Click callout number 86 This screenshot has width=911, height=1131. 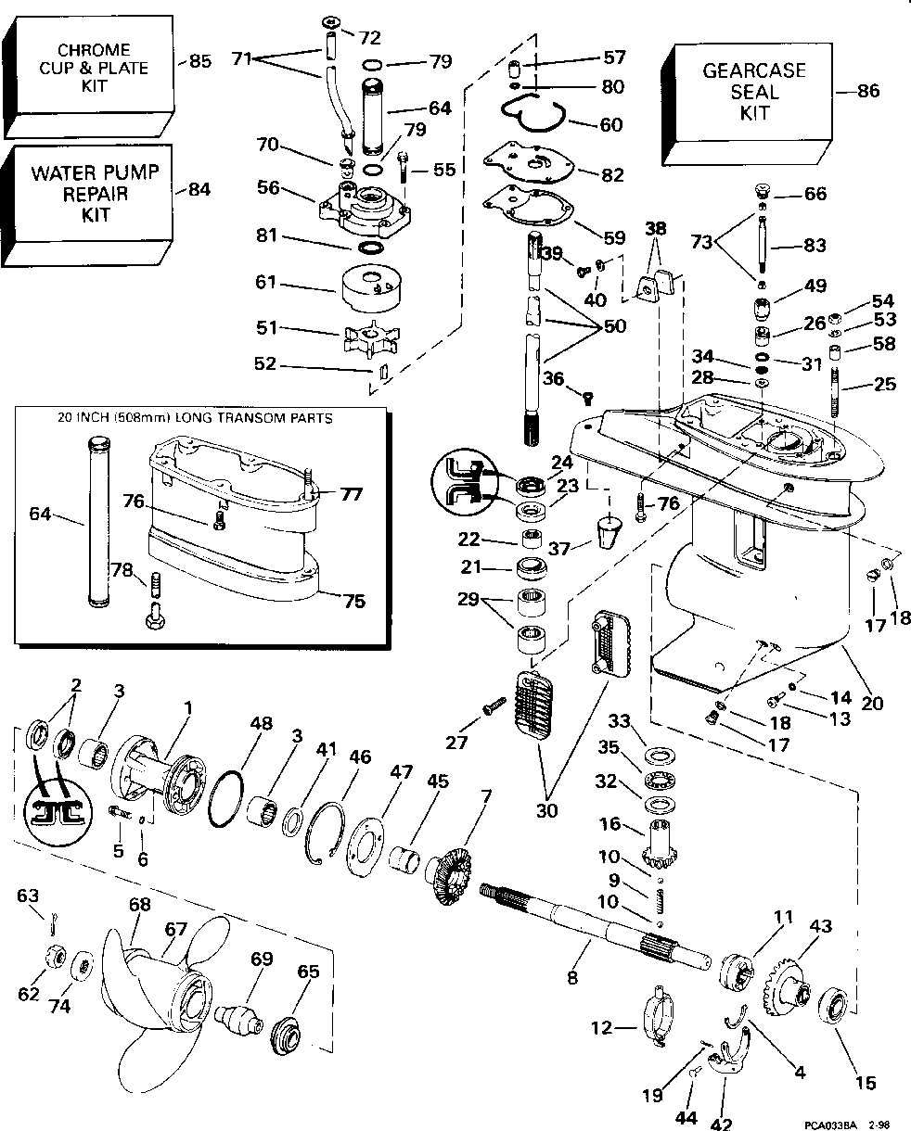point(869,91)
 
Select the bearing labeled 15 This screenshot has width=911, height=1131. point(836,1005)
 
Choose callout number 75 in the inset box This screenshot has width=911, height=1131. point(352,601)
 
